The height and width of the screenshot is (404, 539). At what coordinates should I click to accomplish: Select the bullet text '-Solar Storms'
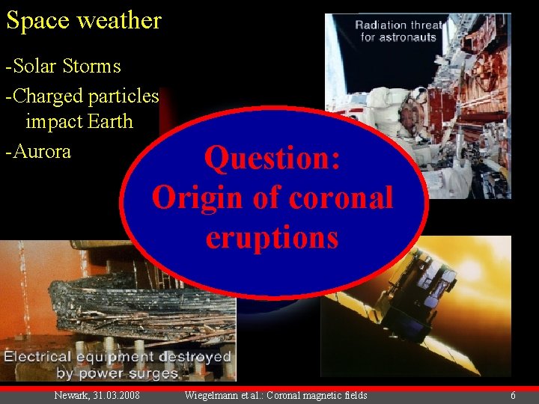pos(63,67)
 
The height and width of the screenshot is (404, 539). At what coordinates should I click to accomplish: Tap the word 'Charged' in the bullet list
pos(47,97)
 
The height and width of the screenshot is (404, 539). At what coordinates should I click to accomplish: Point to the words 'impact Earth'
pos(79,121)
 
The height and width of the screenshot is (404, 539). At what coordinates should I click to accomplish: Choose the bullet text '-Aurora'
pos(38,151)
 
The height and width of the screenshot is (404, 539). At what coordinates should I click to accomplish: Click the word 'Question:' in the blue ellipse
pos(272,159)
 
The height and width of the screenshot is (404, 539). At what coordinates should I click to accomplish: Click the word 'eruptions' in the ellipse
pos(272,238)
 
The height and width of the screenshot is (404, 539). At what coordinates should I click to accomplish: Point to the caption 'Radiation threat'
pos(400,25)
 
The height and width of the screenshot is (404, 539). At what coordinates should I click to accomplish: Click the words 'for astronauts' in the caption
pos(400,37)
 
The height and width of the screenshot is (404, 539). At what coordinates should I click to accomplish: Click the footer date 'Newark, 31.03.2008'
pos(97,395)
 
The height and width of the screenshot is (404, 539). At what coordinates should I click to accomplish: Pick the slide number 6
pos(513,395)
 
